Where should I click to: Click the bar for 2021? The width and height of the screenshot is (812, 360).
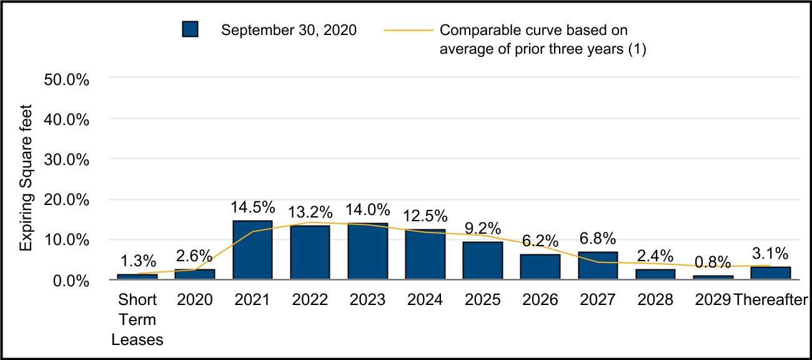coord(252,250)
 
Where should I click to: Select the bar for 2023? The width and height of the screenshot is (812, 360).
coord(368,251)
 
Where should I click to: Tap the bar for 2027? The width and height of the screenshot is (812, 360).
coord(598,266)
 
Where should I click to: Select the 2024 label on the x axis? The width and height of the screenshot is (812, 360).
coord(425,300)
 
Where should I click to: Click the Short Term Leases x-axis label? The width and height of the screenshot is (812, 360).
coord(137,320)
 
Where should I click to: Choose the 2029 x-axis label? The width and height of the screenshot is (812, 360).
coord(713,300)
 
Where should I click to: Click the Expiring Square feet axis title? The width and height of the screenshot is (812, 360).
coord(26,179)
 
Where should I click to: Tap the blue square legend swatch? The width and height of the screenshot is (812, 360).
coord(190,30)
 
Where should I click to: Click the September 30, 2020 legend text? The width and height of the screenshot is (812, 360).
coord(289,30)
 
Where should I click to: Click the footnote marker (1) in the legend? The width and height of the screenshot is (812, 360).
coord(636,50)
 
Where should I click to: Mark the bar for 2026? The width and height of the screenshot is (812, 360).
coord(540,267)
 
